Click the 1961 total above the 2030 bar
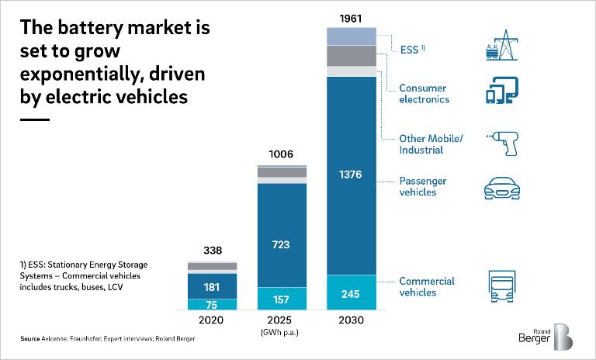click(352, 17)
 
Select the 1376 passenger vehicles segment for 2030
click(352, 175)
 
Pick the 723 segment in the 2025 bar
click(282, 244)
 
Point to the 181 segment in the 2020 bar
click(211, 287)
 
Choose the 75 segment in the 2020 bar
click(211, 305)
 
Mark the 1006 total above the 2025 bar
click(282, 155)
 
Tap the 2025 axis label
click(282, 320)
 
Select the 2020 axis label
click(211, 320)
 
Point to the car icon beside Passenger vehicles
click(501, 188)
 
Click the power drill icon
click(501, 143)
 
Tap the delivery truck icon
click(501, 287)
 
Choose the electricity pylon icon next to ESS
click(501, 46)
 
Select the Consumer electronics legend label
click(424, 94)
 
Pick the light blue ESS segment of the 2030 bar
click(352, 36)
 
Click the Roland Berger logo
click(546, 336)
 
